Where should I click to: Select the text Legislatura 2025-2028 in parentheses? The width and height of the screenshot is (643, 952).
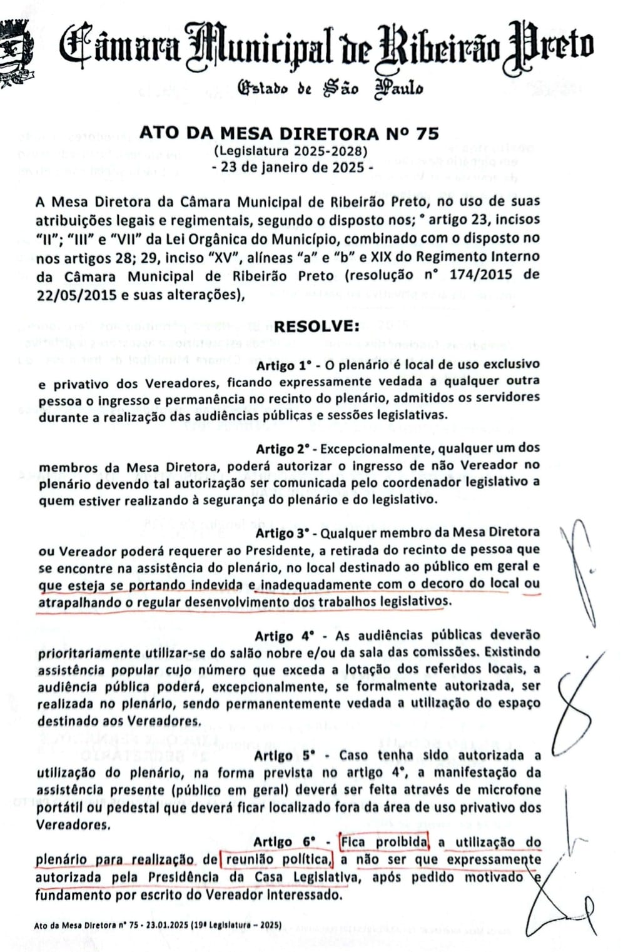(x=290, y=151)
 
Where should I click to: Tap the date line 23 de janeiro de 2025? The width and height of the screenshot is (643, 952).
(x=293, y=168)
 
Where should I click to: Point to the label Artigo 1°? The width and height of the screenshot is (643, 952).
(x=284, y=365)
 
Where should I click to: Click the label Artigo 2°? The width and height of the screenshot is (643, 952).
(x=284, y=449)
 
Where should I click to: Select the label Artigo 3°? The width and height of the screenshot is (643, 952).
(x=284, y=533)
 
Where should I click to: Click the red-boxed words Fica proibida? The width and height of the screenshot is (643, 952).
(x=384, y=842)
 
